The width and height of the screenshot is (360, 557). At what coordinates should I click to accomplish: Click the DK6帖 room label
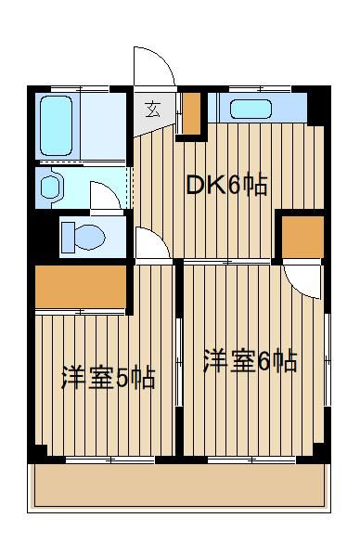tap(226, 185)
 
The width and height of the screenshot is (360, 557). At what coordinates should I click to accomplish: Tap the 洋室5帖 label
tap(109, 379)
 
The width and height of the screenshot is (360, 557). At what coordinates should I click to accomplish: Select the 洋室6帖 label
tap(250, 361)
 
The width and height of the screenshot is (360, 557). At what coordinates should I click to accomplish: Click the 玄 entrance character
tap(153, 109)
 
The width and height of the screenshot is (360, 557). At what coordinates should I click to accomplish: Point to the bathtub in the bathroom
tap(56, 125)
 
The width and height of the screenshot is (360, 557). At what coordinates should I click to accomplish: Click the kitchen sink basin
tap(251, 109)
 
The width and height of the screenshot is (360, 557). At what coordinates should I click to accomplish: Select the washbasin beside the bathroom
tap(50, 187)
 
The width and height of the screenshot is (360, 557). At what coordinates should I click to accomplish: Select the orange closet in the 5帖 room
tap(81, 287)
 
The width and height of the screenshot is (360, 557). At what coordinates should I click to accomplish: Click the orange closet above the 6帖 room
tap(302, 237)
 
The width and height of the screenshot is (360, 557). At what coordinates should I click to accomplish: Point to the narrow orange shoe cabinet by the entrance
tap(192, 112)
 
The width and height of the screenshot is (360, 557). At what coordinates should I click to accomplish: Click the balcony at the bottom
tap(179, 486)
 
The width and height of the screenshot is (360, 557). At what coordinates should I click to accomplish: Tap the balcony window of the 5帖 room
tap(110, 460)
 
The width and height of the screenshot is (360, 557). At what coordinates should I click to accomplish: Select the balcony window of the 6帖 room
tap(251, 460)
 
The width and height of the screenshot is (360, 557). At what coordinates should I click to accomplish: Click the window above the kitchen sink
tap(260, 89)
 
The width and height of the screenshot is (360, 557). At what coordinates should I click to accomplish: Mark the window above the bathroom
tap(81, 89)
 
